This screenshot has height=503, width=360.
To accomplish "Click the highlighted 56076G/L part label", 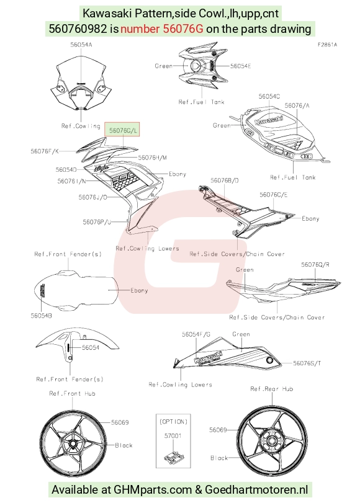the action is tap(122, 131).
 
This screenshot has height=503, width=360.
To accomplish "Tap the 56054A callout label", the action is tap(81, 45).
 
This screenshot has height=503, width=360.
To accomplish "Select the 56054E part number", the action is tap(241, 66).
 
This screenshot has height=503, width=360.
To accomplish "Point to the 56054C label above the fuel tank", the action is tap(269, 97).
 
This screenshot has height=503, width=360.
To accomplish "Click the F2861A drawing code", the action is tap(327, 45).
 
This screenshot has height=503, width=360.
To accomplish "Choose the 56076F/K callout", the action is tap(45, 151).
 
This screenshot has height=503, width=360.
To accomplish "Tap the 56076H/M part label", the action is tap(153, 158).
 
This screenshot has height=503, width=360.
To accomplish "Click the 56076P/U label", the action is tap(97, 222).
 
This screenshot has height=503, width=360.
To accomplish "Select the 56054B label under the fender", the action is tap(42, 316).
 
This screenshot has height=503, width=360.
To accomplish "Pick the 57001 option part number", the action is tap(173, 436).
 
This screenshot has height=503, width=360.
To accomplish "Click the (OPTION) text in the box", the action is tap(173, 422).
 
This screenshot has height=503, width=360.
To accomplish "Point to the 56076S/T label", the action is tap(307, 363).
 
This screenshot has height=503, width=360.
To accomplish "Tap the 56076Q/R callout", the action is tap(315, 265).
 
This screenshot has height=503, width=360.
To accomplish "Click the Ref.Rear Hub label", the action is tap(272, 389).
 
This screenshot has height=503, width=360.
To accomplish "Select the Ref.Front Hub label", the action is tap(72, 394).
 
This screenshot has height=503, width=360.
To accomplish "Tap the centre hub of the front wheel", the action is tap(73, 443).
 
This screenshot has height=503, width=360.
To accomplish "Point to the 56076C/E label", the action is tap(274, 195).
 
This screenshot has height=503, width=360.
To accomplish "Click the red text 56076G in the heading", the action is tap(183, 29).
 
